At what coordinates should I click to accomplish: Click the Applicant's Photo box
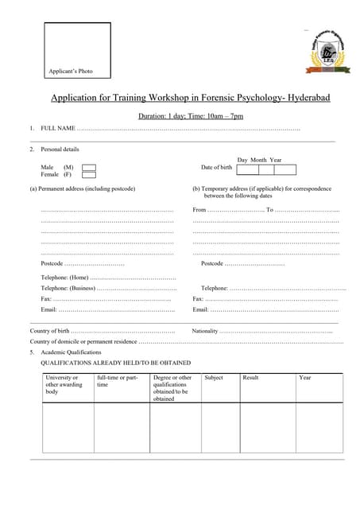click(77, 50)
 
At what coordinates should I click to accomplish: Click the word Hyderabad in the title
click(306, 99)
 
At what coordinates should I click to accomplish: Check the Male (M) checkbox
click(89, 167)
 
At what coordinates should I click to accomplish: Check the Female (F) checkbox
click(89, 174)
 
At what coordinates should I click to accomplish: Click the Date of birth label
click(216, 168)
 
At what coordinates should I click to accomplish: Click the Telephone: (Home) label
click(64, 277)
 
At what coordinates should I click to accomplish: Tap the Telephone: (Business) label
click(68, 288)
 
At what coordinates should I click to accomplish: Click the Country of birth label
click(50, 330)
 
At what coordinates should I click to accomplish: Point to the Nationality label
click(205, 330)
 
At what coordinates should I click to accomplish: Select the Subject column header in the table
click(214, 378)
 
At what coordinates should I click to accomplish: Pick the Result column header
click(250, 378)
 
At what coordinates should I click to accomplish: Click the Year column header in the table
click(305, 378)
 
